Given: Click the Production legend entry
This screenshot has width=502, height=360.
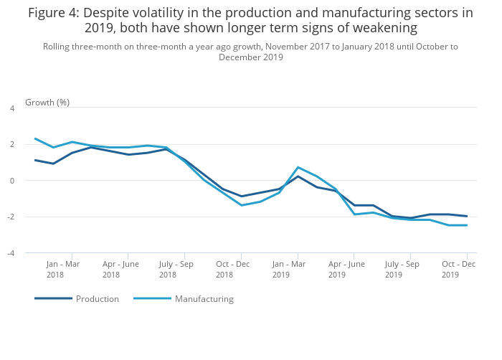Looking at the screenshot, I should click(97, 299).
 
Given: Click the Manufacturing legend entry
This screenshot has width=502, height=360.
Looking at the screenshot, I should click(204, 299).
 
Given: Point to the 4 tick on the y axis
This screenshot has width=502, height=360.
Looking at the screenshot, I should click(11, 108).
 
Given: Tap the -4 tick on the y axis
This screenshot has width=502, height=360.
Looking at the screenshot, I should click(11, 253).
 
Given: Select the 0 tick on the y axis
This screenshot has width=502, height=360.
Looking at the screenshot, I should click(11, 181).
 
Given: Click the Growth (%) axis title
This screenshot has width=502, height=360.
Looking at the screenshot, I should click(47, 102).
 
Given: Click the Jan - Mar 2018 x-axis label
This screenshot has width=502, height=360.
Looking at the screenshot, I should click(63, 269).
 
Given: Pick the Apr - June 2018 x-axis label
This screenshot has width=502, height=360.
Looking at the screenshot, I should click(120, 269).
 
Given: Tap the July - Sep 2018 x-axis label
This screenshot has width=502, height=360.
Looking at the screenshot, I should click(176, 269).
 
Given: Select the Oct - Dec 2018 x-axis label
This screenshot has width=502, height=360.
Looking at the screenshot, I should click(232, 269).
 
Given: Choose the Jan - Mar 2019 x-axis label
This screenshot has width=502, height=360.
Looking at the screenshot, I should click(289, 269).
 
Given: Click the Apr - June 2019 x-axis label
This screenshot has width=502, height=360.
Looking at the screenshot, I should click(346, 269).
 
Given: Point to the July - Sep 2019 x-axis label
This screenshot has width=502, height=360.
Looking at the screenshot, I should click(402, 269).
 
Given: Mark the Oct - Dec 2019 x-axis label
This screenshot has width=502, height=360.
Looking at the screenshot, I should click(458, 269).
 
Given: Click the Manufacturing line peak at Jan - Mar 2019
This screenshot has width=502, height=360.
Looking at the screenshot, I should click(298, 167).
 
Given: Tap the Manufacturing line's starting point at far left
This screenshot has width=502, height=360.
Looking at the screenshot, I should click(34, 138).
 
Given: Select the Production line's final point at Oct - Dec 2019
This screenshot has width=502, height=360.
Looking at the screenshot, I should click(468, 216).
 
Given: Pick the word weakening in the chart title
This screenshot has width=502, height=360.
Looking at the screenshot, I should click(384, 28).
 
